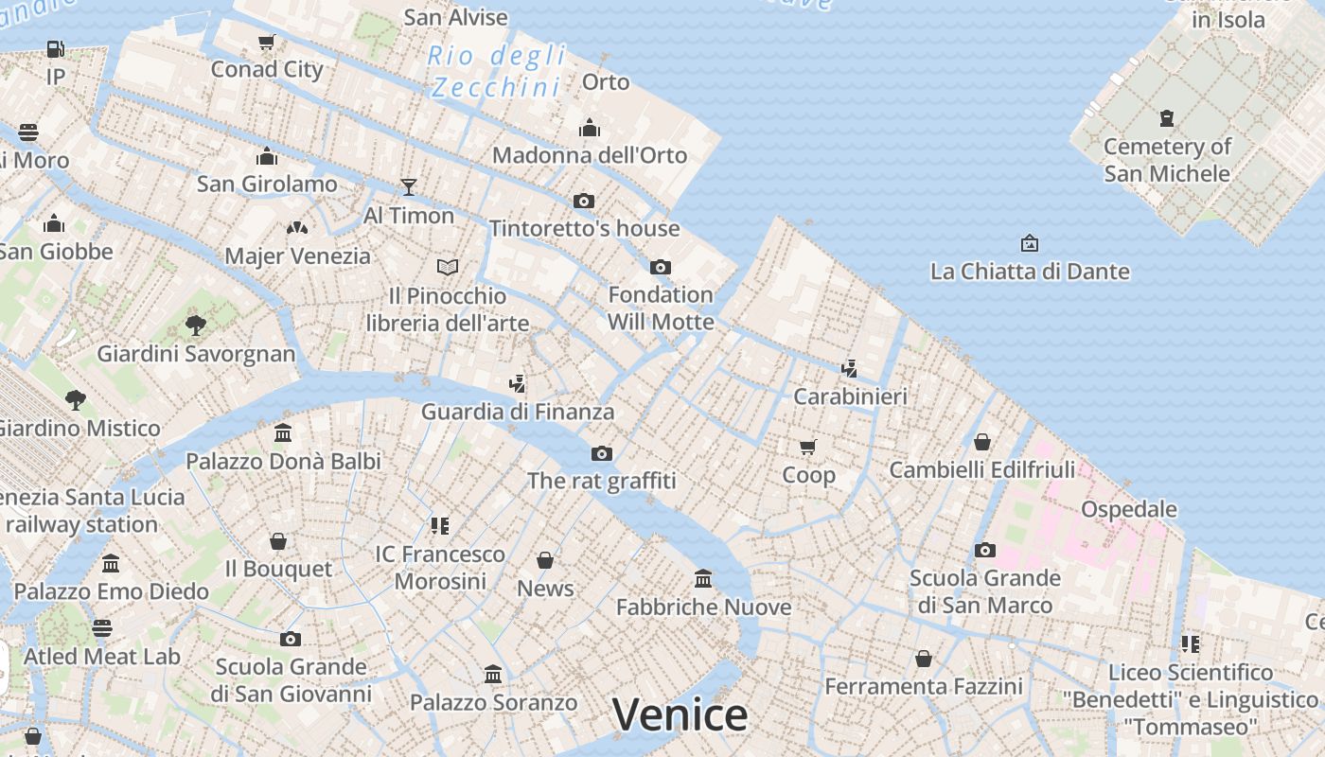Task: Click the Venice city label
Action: coord(680,714)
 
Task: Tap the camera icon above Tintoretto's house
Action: coord(584,201)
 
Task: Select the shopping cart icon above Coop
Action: coord(807,447)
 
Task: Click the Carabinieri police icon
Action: coord(850,368)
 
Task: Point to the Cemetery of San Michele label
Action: coord(1167,160)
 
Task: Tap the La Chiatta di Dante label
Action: coord(1030,272)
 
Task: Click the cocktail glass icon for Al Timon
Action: coord(409,186)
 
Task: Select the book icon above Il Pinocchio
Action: coord(448,267)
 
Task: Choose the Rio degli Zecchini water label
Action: coord(496,71)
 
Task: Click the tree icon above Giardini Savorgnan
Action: coord(196,326)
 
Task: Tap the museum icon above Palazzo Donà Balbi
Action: coord(283,433)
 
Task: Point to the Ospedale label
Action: coord(1129,509)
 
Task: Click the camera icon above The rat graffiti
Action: coord(602,453)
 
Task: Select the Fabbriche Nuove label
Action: coord(703,607)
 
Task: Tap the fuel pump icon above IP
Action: coord(56,48)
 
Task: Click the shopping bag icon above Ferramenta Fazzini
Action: coord(924,659)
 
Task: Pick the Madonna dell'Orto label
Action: coord(590,155)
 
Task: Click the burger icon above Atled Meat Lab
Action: coord(102,627)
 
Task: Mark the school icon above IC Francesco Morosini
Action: coord(440,525)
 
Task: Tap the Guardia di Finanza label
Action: coord(518,412)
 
